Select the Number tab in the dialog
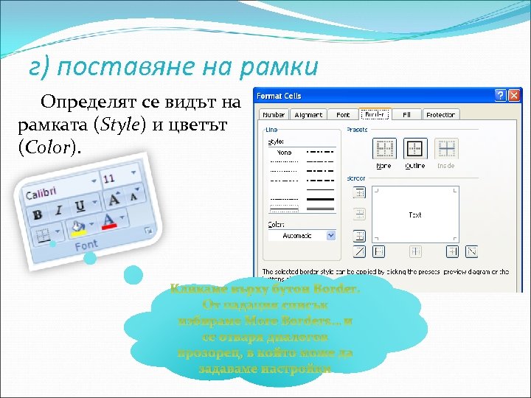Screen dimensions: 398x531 click(274, 115)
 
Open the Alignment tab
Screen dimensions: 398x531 click(309, 115)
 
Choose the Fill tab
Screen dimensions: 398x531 click(406, 115)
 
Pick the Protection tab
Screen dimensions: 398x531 click(440, 115)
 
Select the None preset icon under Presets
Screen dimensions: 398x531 click(384, 150)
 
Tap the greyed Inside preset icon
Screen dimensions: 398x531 click(446, 150)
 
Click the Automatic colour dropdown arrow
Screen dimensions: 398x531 click(330, 235)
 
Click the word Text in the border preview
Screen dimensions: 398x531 click(415, 215)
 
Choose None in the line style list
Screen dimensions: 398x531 click(285, 152)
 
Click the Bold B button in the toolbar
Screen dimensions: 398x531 click(37, 215)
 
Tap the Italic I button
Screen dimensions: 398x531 click(59, 209)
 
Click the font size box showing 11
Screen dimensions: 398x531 click(111, 178)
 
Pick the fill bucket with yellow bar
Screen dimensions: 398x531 click(77, 227)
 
